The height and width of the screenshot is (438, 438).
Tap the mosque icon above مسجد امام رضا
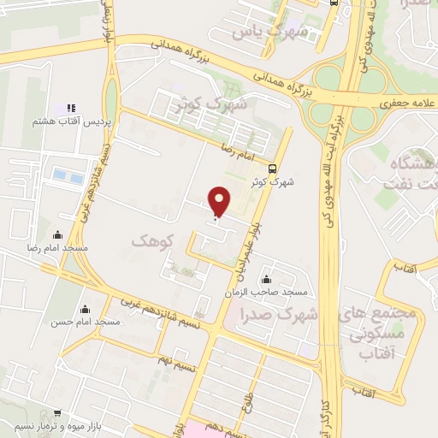click(x=58, y=234)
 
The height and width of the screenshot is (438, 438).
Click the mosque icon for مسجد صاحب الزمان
click(x=267, y=279)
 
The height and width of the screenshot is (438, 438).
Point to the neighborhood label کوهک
click(x=153, y=242)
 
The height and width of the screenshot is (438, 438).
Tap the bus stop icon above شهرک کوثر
click(x=272, y=168)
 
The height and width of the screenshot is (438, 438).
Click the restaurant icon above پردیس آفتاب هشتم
click(x=71, y=109)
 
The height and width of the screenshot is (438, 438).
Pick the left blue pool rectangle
click(x=60, y=175)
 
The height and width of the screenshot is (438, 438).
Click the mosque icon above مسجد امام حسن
click(x=85, y=310)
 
